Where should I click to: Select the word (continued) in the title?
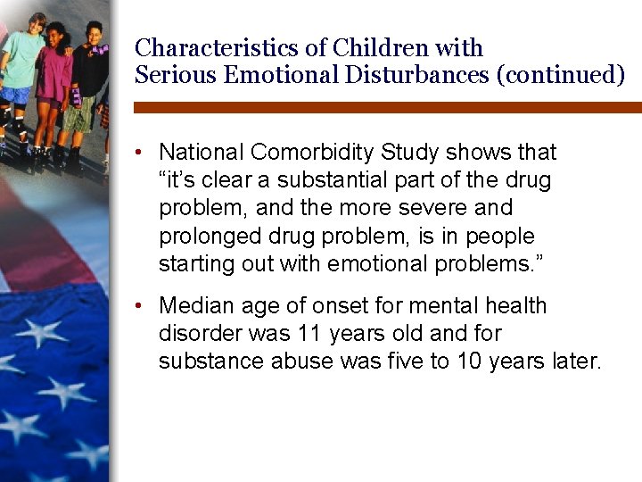[x=561, y=75]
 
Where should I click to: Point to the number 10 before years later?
[x=469, y=361]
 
